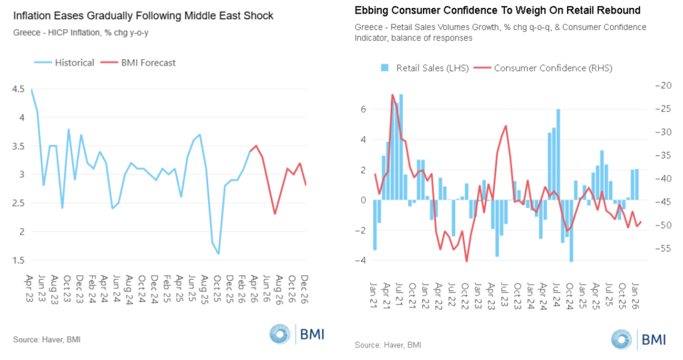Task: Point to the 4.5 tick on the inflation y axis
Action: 18,89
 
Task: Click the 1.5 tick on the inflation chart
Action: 18,261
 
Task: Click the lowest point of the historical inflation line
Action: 218,254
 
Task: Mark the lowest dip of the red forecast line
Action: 275,214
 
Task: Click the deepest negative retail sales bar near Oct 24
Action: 572,231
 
